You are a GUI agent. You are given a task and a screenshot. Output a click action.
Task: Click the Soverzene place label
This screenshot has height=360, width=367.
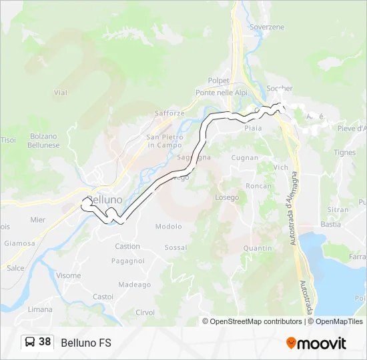click(x=266, y=27)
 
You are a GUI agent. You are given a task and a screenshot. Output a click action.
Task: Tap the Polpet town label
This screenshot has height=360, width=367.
click(x=218, y=80)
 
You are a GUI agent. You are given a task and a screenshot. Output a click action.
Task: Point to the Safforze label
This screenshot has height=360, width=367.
click(x=169, y=113)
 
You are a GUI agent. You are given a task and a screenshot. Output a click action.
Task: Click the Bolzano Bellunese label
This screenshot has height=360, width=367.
click(x=44, y=141)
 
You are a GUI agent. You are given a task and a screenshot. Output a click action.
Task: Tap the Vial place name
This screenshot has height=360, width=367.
click(x=61, y=93)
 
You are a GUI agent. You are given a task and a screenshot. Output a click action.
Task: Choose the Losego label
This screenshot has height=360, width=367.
click(x=227, y=197)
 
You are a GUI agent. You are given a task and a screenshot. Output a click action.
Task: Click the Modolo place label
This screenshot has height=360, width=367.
click(x=168, y=227)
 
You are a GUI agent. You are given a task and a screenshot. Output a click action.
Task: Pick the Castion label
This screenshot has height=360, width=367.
click(x=127, y=247)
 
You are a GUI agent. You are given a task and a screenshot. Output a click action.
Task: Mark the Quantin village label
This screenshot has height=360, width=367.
click(x=258, y=248)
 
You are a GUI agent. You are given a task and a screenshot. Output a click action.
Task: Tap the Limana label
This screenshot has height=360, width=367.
click(x=40, y=309)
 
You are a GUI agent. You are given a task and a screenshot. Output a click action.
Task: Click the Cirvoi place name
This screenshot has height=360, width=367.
click(x=145, y=312)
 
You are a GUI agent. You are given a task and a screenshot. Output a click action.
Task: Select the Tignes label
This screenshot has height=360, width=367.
click(x=345, y=153)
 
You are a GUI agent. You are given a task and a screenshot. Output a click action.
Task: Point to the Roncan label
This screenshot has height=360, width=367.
click(x=258, y=186)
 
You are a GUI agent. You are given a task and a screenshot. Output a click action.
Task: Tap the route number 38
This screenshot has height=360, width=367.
click(x=45, y=342)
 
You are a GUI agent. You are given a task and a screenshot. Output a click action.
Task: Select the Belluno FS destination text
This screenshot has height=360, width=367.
click(x=86, y=343)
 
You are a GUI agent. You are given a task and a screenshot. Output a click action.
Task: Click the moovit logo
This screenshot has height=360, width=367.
click(x=316, y=343)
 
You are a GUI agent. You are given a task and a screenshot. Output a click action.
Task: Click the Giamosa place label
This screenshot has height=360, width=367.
click(x=19, y=243)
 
